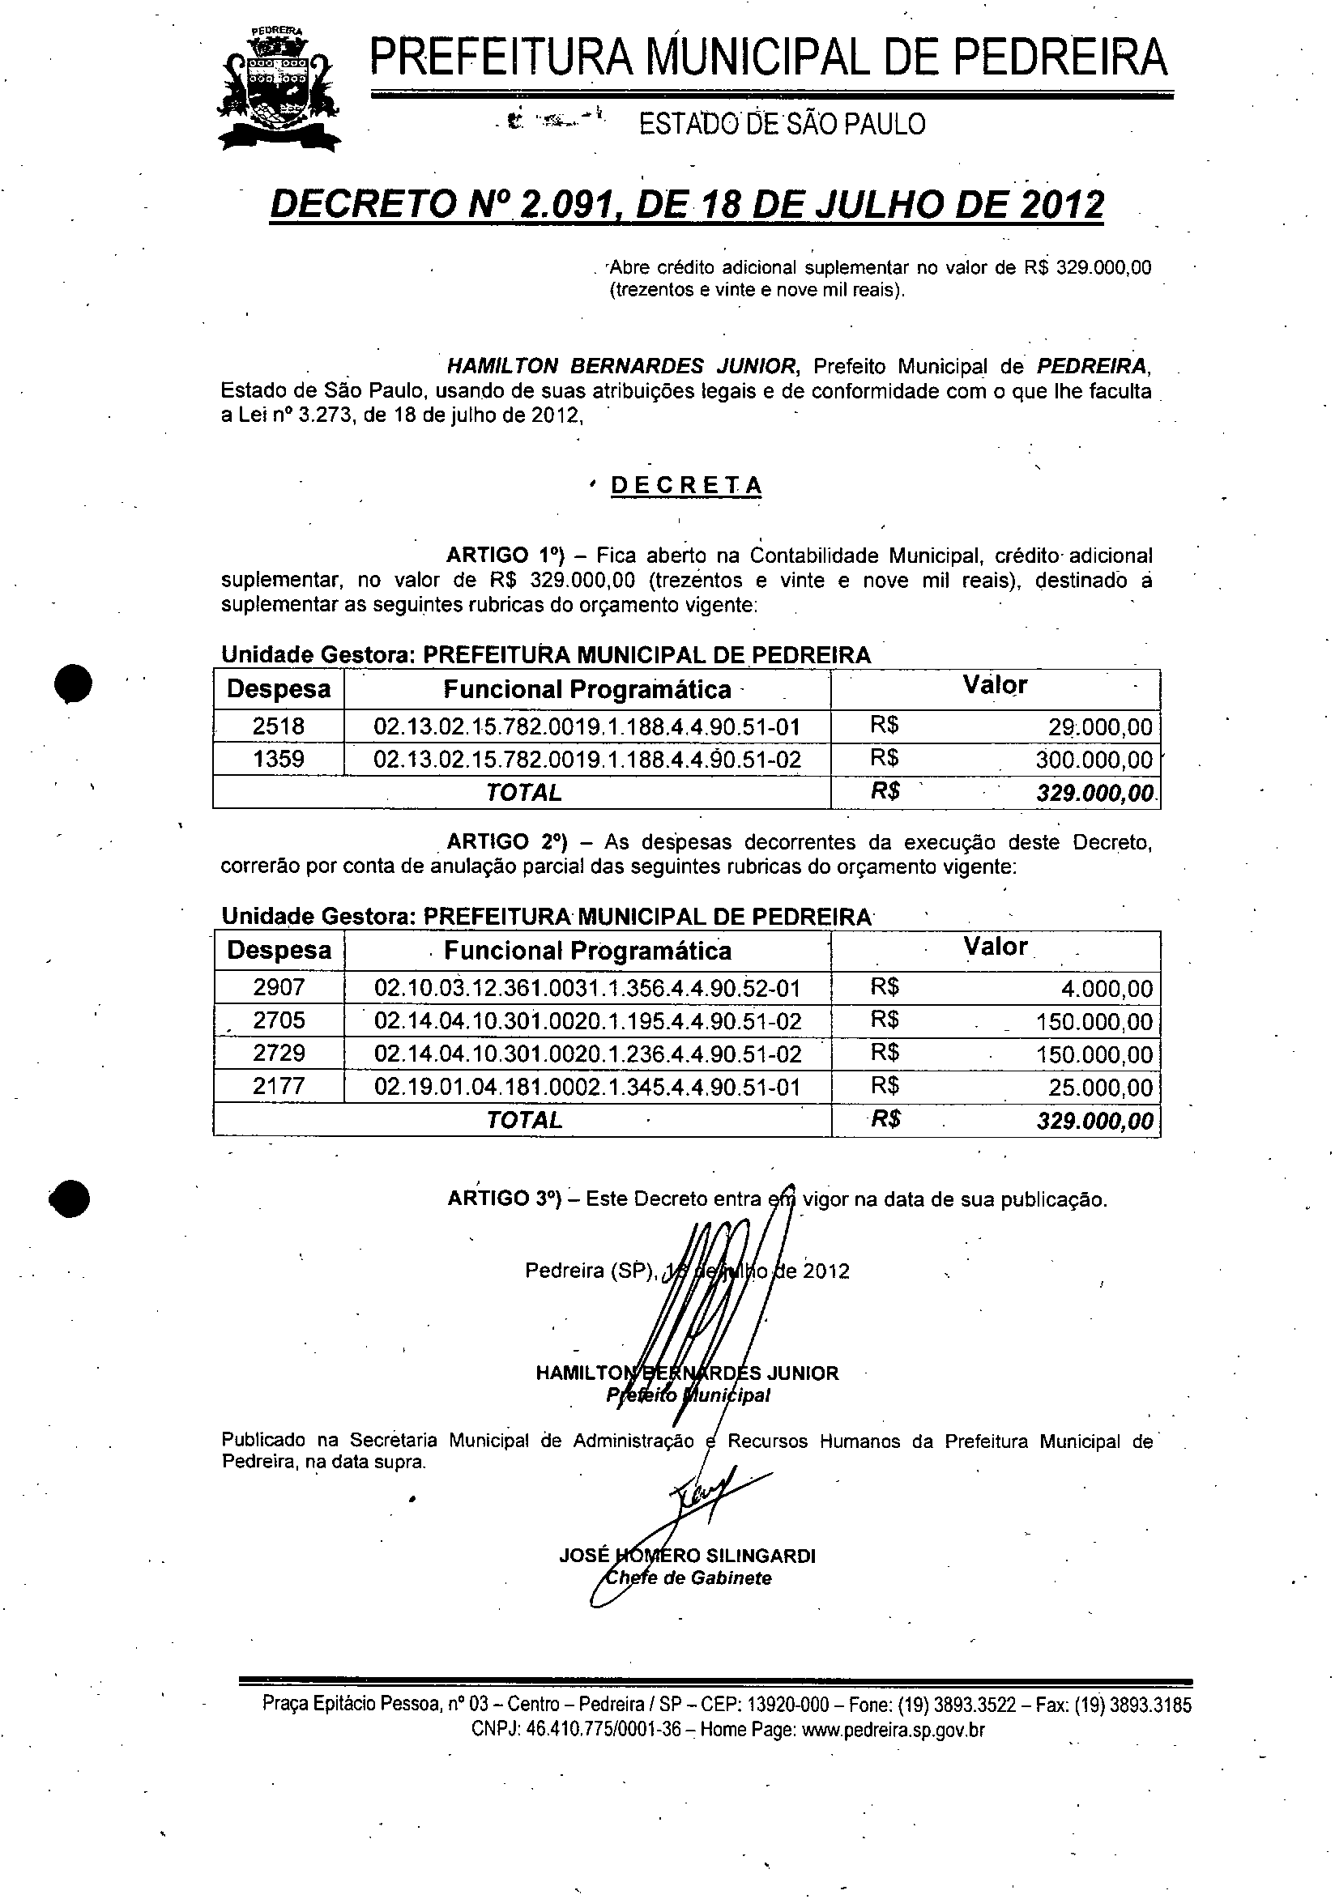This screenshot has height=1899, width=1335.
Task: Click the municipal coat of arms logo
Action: (x=278, y=88)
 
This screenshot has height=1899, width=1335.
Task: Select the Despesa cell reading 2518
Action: (x=278, y=726)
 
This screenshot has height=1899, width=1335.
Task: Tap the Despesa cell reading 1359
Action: (x=278, y=759)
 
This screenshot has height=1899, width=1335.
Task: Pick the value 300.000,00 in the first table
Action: (x=1094, y=760)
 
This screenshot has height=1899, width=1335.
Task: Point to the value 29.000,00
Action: (x=1100, y=727)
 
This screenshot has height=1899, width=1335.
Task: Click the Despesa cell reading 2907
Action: (x=279, y=987)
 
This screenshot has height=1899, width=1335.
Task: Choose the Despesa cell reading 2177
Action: (x=279, y=1086)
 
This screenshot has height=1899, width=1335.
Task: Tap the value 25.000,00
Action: (x=1100, y=1087)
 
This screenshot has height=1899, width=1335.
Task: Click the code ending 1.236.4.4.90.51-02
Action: (x=587, y=1053)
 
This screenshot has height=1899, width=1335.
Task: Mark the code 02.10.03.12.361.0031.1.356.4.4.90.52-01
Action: (x=587, y=987)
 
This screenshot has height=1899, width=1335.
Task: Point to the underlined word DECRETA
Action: (x=685, y=486)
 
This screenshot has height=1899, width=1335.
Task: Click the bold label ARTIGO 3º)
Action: (x=505, y=1199)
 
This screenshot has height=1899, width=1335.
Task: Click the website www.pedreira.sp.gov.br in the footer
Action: (x=893, y=1730)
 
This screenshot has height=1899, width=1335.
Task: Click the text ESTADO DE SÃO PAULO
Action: (x=782, y=124)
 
